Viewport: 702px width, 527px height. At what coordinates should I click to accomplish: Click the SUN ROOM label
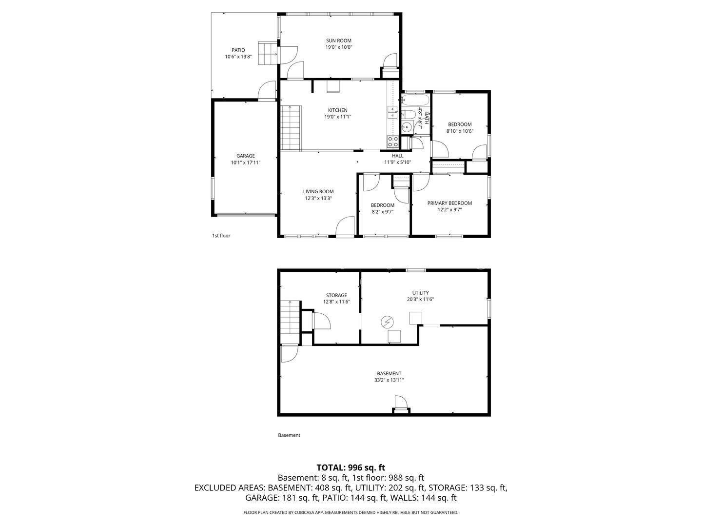point(338,41)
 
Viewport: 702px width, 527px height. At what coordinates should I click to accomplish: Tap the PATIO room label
point(238,50)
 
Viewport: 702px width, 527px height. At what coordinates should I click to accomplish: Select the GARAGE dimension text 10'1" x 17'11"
point(246,162)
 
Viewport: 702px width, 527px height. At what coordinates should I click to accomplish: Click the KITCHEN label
point(338,110)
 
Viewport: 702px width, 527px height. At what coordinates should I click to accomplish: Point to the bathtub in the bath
point(415,100)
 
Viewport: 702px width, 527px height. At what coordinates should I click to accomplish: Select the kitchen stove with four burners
point(393,142)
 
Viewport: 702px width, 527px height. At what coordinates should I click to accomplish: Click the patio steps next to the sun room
point(267,53)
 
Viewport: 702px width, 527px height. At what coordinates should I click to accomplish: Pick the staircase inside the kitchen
point(291,128)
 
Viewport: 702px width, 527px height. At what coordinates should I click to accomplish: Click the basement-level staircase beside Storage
point(291,322)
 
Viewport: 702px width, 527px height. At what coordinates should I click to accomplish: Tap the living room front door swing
point(345,226)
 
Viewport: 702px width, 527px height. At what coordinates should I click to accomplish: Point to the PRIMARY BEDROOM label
point(449,203)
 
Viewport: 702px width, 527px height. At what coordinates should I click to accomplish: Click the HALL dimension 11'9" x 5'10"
point(397,162)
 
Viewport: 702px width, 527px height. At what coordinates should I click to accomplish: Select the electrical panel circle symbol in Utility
point(387,322)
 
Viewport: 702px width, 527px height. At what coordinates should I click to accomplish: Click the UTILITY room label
point(421,293)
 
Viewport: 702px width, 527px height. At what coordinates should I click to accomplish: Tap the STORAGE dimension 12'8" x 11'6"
point(336,302)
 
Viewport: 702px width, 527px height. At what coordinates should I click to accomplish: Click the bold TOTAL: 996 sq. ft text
point(351,467)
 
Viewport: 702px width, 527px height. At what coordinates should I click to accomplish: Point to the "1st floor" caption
point(221,236)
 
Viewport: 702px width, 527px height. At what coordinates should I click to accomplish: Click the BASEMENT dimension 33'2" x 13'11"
point(389,380)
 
